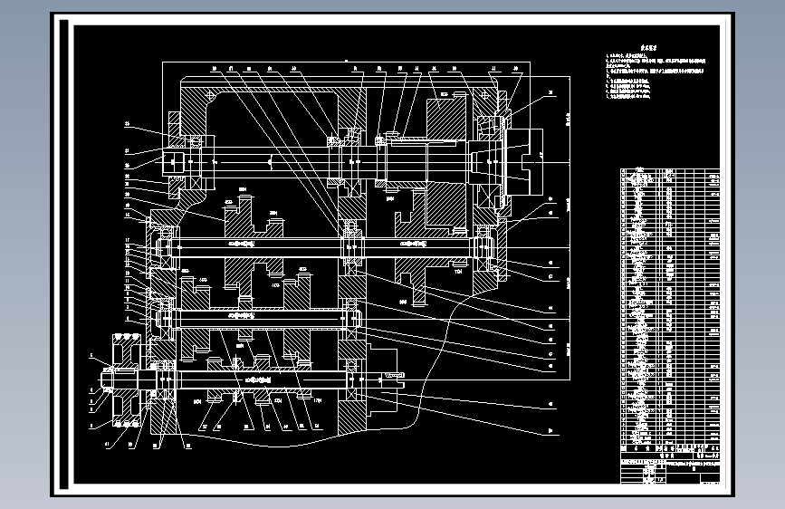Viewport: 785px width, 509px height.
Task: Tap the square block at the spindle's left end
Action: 173,161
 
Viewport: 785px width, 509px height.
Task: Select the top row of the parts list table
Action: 670,170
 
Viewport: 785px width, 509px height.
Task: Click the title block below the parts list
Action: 670,462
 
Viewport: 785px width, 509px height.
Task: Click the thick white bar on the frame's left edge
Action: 64,254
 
